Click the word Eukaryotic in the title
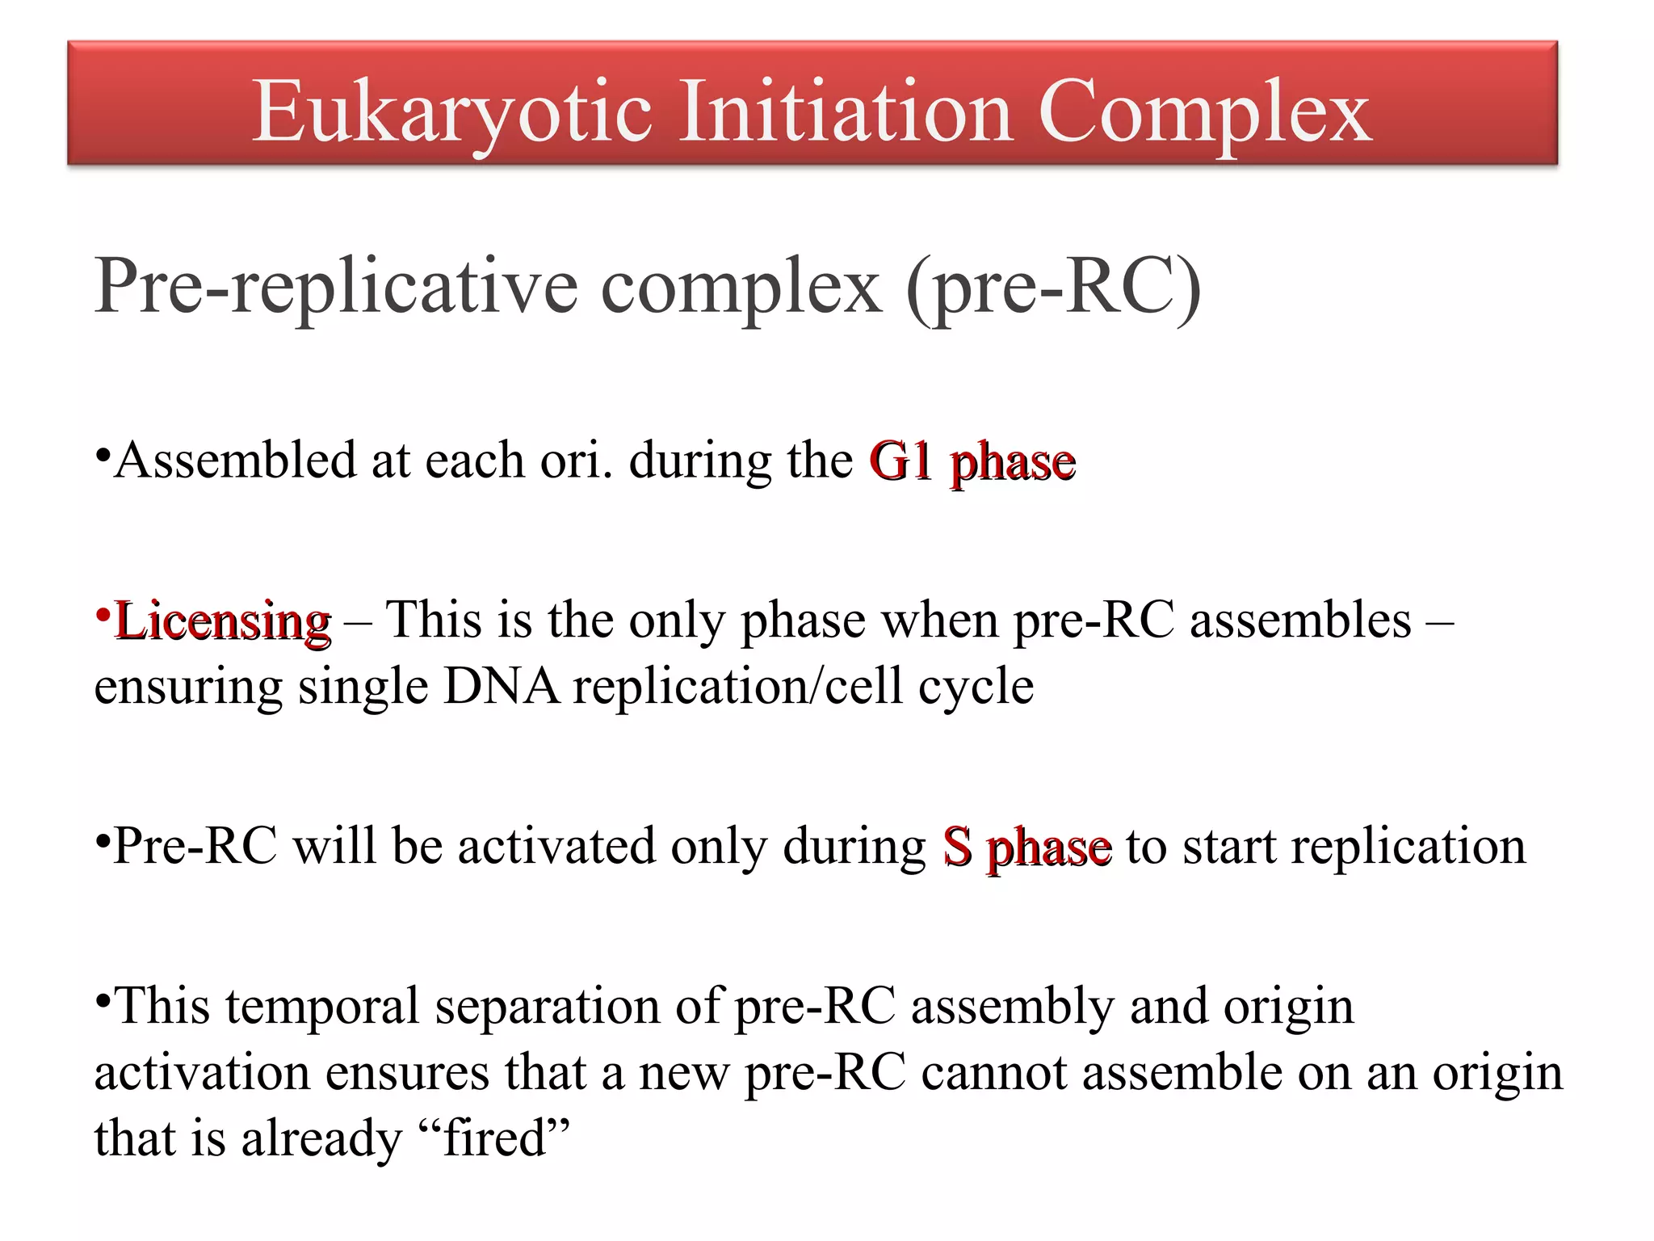pos(451,113)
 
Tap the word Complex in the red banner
pos(1204,113)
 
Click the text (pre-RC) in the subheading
pos(1054,288)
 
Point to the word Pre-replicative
pos(336,288)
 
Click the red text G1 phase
pos(972,462)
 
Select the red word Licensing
pos(223,622)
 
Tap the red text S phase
pos(1026,848)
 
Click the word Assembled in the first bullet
pos(235,461)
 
